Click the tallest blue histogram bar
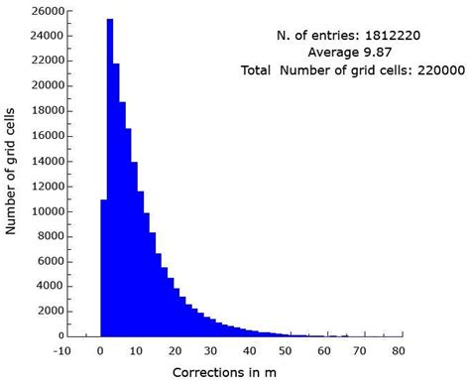click(109, 179)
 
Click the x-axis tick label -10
click(62, 350)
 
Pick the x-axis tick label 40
click(250, 350)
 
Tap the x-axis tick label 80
click(398, 350)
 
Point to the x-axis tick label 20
click(175, 350)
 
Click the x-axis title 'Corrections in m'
click(231, 373)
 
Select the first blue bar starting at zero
click(103, 268)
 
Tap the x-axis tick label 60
click(324, 350)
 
